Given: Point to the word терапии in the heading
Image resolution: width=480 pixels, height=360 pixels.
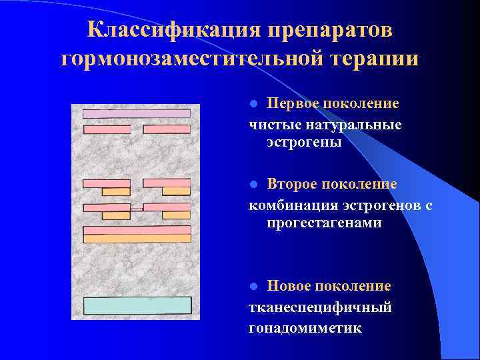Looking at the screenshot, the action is point(373,59).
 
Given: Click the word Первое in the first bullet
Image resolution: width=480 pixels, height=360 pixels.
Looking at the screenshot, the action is point(292,103).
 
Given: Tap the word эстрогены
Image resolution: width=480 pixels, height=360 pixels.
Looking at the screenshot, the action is point(304,143).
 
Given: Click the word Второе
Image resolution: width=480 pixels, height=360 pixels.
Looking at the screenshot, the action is point(293,184).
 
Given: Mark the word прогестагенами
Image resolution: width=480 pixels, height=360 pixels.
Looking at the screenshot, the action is point(324,223).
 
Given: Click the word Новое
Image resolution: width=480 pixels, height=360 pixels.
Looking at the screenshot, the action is point(289,286).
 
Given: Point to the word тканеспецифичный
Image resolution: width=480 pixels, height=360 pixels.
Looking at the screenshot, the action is point(320,307).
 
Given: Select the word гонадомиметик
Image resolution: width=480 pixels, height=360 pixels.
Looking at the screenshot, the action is point(305,328).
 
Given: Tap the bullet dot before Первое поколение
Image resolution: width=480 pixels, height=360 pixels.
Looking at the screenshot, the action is point(253,104).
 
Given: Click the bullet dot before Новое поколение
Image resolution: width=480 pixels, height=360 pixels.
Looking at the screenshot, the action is point(253,287).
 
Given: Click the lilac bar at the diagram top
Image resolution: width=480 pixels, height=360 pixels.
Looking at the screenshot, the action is point(137,114).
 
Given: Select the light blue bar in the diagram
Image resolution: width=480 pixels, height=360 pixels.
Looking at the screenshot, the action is point(137,305).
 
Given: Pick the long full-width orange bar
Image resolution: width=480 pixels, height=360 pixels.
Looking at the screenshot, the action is point(137,238).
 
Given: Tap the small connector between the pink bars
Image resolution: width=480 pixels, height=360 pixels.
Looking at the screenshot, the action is point(137,209).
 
